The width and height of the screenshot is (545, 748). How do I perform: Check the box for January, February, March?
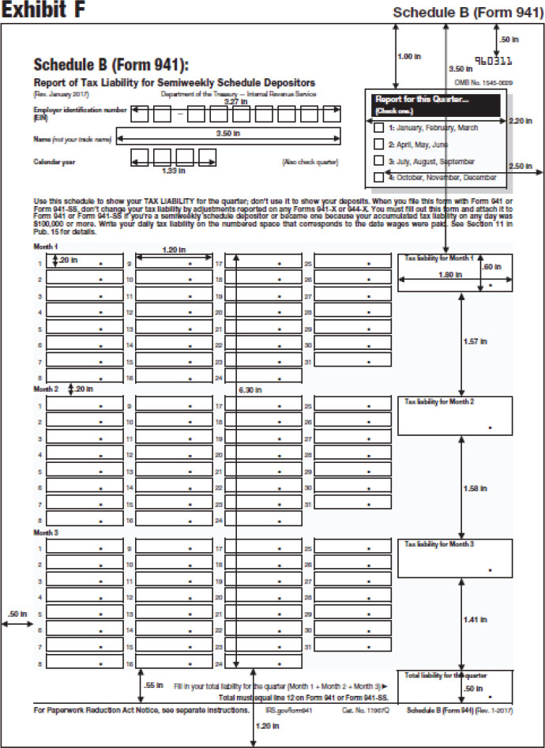point(379,127)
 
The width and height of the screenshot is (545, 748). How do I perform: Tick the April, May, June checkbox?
point(379,145)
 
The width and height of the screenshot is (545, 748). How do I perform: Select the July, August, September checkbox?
point(379,161)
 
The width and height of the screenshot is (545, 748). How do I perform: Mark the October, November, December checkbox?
point(379,178)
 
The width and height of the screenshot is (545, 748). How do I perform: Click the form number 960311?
point(492,59)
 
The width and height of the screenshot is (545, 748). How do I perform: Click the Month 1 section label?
point(46,248)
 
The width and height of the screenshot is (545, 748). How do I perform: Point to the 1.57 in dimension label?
point(475,341)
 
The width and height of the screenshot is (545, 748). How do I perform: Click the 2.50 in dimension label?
point(521,166)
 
